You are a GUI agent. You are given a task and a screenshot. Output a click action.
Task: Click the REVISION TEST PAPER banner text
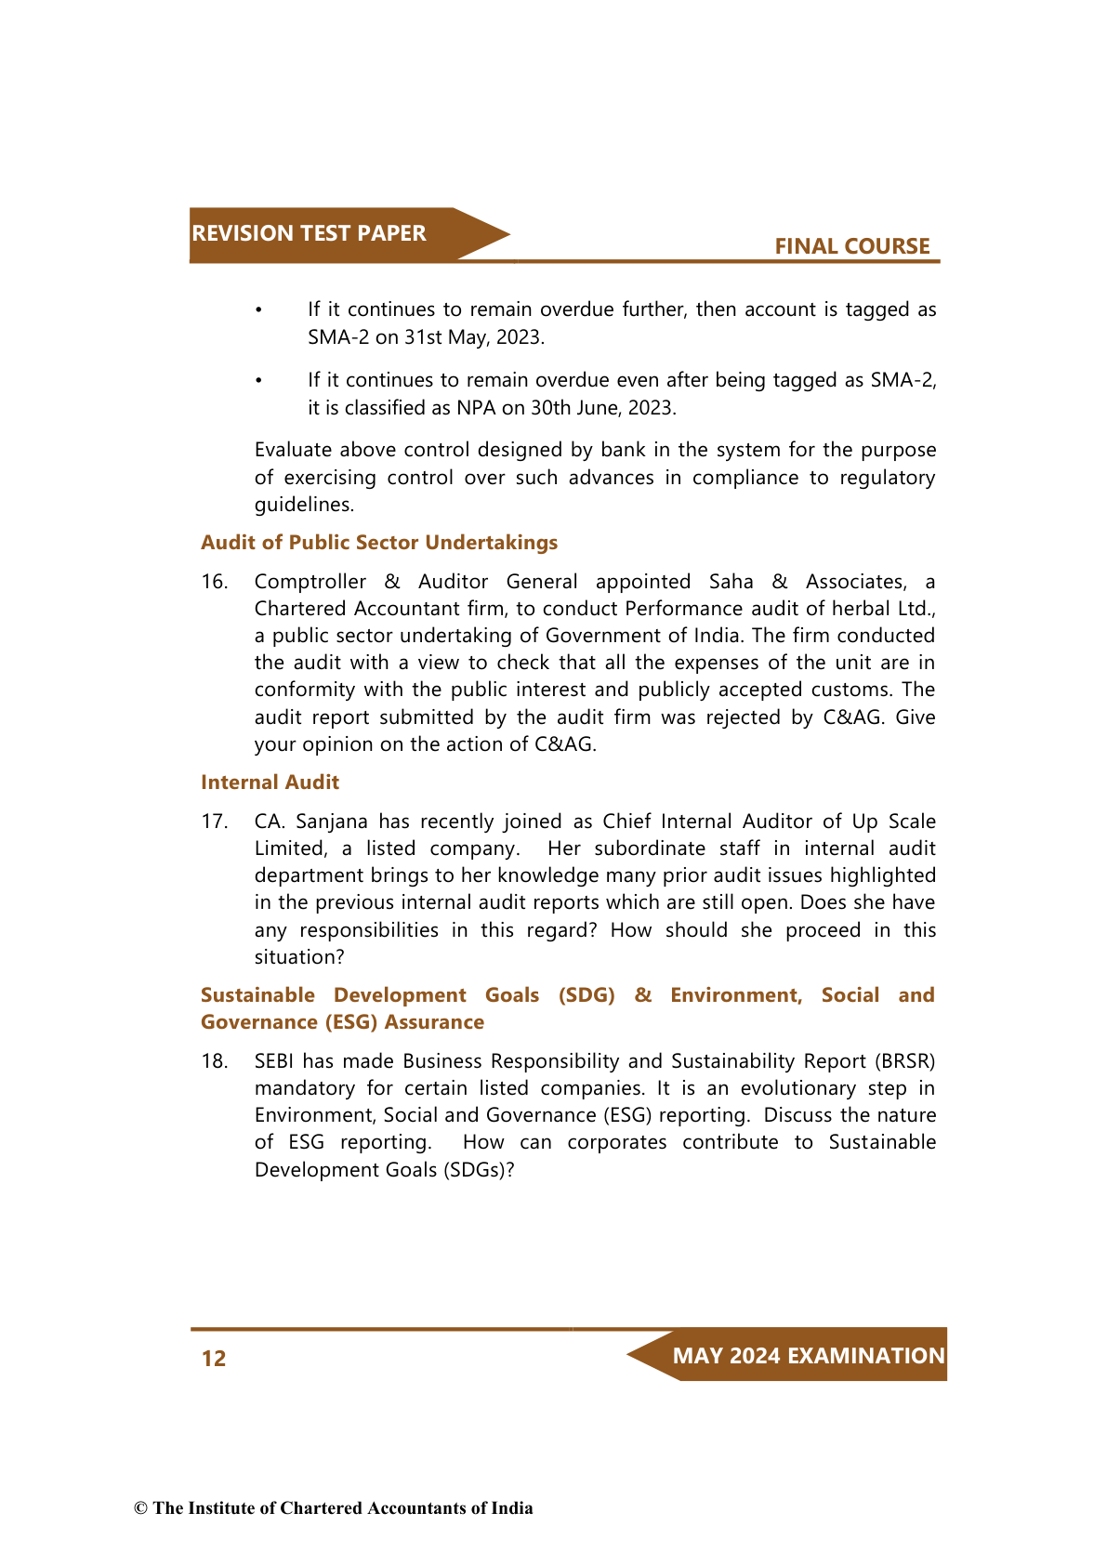pos(309,233)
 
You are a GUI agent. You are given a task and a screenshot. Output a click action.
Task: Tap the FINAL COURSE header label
pos(851,246)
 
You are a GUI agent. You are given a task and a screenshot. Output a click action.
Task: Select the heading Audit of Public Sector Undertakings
pos(379,543)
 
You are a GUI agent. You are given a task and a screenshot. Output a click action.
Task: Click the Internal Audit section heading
pos(270,782)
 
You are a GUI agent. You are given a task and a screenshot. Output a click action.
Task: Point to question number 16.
pos(214,582)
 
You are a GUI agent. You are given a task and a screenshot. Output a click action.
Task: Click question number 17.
pos(214,822)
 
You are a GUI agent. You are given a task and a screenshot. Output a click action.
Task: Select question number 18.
pos(214,1061)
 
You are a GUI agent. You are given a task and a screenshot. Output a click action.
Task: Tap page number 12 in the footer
pos(214,1359)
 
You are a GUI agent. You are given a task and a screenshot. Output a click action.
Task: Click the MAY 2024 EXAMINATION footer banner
pos(808,1356)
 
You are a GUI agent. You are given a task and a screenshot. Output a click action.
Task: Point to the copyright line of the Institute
pos(334,1508)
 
